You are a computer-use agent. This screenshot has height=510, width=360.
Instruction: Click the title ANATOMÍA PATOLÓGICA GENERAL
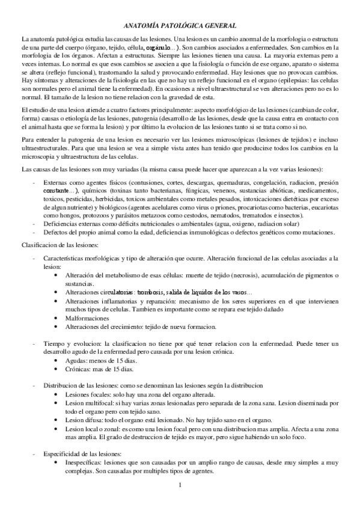coord(180,25)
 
